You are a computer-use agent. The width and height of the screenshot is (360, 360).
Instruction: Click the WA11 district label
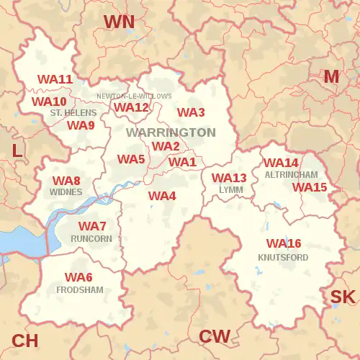[55, 79]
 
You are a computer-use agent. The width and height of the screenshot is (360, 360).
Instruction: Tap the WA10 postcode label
[49, 102]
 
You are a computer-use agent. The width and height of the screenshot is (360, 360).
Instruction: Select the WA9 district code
[81, 125]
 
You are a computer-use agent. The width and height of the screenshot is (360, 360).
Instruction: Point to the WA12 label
[131, 107]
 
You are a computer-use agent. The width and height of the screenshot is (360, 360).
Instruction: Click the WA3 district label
[192, 112]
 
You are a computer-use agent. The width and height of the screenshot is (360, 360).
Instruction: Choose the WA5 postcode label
[132, 159]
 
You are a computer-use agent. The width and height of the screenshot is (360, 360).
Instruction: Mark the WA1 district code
[182, 162]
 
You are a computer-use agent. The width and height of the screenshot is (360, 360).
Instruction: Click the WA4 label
[162, 196]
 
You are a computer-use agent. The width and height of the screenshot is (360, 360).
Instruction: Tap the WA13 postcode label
[229, 178]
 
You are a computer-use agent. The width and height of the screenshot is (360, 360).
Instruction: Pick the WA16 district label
[284, 243]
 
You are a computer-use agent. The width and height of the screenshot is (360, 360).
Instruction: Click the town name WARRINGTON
[171, 132]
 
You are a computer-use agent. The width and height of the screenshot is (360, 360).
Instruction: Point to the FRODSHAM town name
[79, 289]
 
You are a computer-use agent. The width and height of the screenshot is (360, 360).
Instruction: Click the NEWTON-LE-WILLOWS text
[135, 96]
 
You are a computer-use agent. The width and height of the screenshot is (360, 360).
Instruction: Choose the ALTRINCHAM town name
[291, 175]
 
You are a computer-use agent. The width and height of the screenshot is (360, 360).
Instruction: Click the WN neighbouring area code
[119, 22]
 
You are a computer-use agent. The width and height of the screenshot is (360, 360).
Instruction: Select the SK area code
[343, 297]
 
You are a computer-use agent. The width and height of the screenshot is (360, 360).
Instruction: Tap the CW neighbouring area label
[215, 336]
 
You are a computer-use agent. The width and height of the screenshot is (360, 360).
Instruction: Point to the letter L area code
[17, 150]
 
